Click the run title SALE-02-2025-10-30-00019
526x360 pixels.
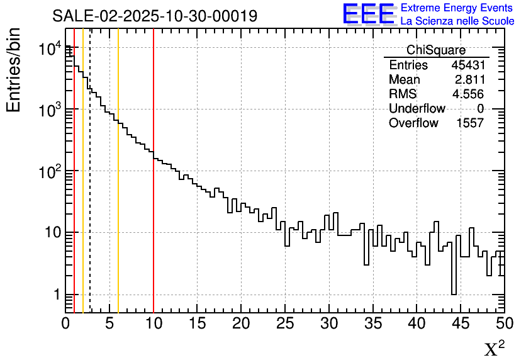click(x=155, y=16)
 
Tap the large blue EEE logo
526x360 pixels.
click(x=369, y=14)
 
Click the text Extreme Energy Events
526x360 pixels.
click(x=457, y=8)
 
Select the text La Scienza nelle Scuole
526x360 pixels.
click(x=457, y=21)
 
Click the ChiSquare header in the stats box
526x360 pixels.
click(x=436, y=50)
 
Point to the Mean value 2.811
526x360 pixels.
click(x=469, y=80)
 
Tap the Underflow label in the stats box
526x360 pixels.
click(x=417, y=109)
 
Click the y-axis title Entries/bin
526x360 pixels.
click(x=14, y=70)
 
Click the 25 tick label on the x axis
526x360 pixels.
click(x=285, y=324)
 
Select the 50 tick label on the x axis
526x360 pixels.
click(x=504, y=324)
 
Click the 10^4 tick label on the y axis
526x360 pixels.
click(x=49, y=49)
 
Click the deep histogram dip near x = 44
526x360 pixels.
click(x=453, y=277)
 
